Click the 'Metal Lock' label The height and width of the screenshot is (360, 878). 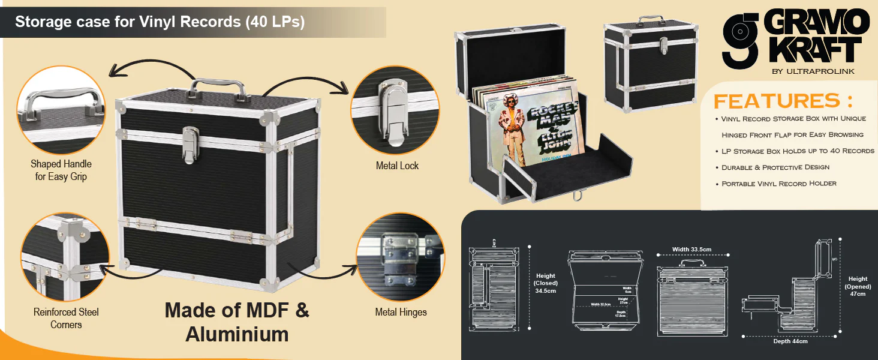(397, 166)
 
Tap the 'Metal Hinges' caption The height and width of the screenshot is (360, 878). (401, 312)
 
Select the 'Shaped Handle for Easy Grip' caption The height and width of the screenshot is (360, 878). (61, 170)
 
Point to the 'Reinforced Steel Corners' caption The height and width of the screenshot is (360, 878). (66, 318)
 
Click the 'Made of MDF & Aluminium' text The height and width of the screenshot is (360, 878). (237, 322)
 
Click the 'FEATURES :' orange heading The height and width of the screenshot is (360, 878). (783, 100)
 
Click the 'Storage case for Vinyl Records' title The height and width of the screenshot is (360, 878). (160, 22)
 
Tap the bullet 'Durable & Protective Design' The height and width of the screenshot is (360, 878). (775, 167)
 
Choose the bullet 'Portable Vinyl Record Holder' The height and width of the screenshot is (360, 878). (778, 184)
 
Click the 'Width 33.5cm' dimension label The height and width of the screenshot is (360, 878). (691, 250)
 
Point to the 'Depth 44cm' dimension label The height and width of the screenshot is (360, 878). (790, 341)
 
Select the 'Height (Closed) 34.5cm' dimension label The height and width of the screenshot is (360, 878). (546, 283)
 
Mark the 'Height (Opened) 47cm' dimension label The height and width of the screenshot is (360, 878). (858, 286)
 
